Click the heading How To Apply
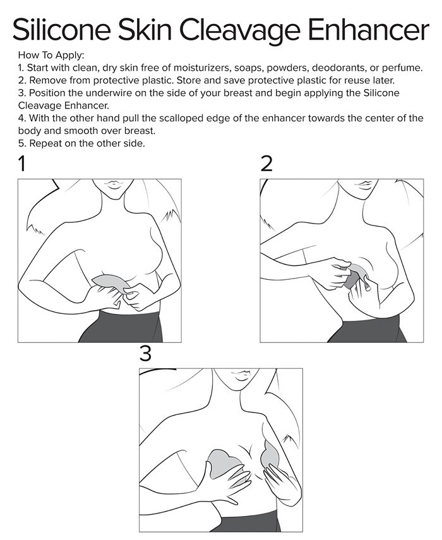tap(51, 55)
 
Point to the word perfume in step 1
tap(401, 68)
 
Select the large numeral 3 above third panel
tap(146, 353)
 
